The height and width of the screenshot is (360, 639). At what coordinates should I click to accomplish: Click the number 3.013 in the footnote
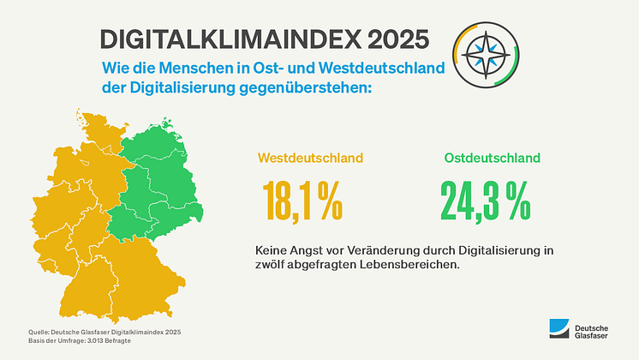click(99, 341)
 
